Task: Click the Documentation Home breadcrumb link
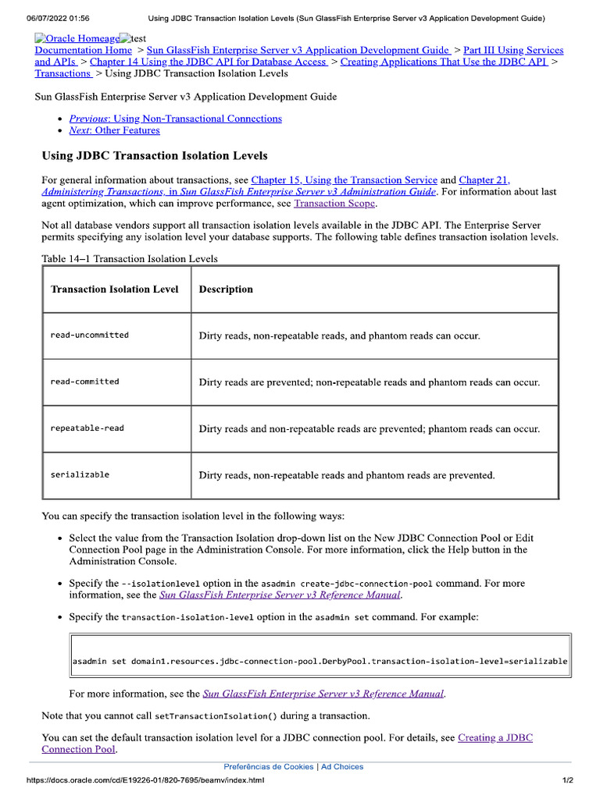pyautogui.click(x=84, y=50)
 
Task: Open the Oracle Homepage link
pyautogui.click(x=77, y=38)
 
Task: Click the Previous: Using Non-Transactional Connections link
pyautogui.click(x=175, y=119)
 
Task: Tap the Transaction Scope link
pyautogui.click(x=334, y=204)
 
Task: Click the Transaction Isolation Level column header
pyautogui.click(x=114, y=289)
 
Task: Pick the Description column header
pyautogui.click(x=226, y=289)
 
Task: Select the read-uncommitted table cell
pyautogui.click(x=89, y=336)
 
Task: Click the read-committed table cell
pyautogui.click(x=84, y=382)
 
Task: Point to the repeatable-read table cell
pyautogui.click(x=87, y=428)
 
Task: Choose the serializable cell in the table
pyautogui.click(x=80, y=474)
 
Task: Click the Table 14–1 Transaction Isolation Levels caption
pyautogui.click(x=130, y=258)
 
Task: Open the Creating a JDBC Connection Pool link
pyautogui.click(x=495, y=737)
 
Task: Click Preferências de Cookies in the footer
pyautogui.click(x=268, y=767)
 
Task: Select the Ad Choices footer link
pyautogui.click(x=342, y=767)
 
